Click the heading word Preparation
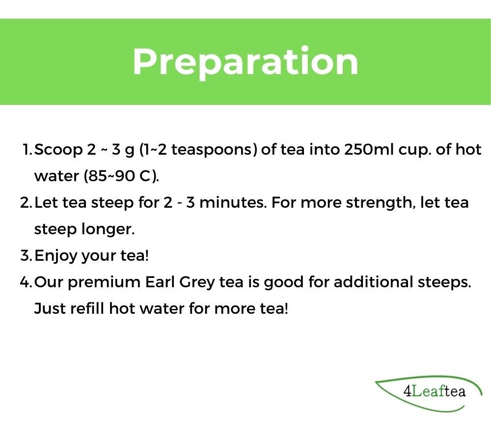coord(245,62)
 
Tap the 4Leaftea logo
coord(428,393)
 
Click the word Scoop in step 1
coord(58,150)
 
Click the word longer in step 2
coord(108,229)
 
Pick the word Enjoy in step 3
coord(56,256)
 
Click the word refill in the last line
coord(87,308)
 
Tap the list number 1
coord(27,150)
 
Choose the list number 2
coord(26,203)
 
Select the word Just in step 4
coord(50,309)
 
